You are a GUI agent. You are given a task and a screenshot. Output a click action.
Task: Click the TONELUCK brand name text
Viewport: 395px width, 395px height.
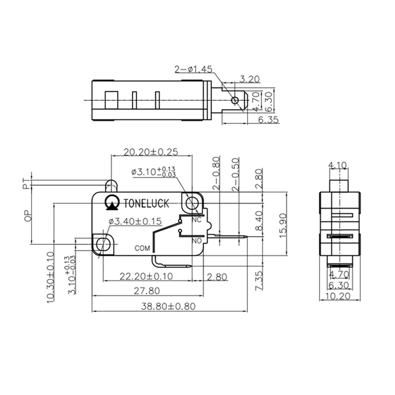[x=147, y=202]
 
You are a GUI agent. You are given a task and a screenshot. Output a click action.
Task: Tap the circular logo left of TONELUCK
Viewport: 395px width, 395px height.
[x=112, y=202]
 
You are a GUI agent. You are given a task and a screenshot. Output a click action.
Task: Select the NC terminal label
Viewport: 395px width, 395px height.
[x=197, y=219]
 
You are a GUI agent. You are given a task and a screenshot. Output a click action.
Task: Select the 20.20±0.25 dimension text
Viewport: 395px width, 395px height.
[x=151, y=152]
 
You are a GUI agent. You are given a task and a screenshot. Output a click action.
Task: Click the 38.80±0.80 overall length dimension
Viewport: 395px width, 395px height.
[x=168, y=306]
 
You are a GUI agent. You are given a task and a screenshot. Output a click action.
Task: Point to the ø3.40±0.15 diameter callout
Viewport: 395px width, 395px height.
[x=134, y=222]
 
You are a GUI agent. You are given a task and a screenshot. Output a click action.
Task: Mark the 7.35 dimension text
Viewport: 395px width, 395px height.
[x=260, y=280]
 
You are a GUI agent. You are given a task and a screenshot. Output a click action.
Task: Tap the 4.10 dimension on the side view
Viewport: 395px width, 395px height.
[x=338, y=165]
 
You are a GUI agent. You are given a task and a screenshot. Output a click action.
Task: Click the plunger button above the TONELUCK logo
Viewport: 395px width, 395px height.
[x=111, y=186]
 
